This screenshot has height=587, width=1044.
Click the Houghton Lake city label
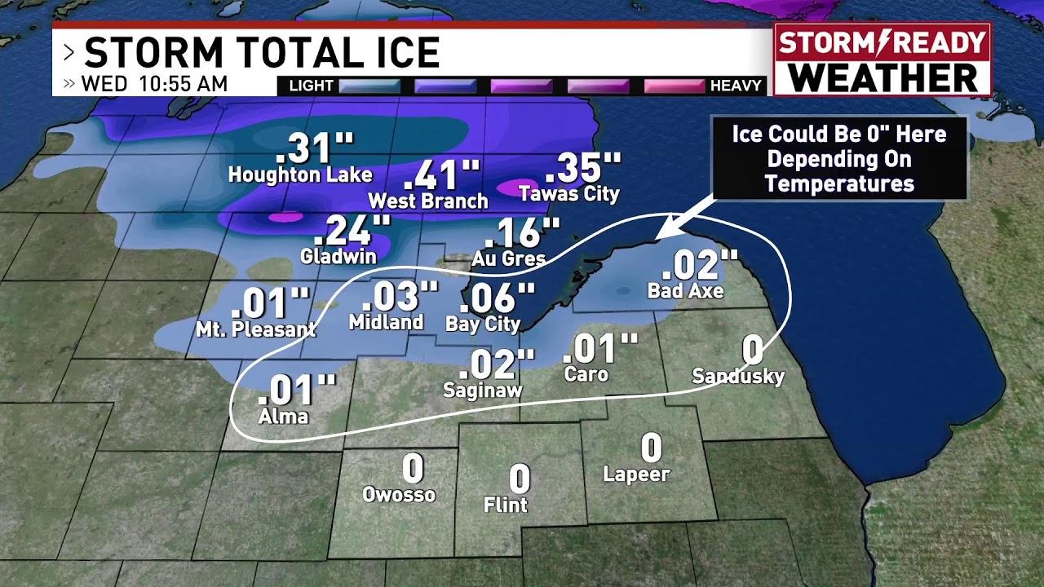[299, 174]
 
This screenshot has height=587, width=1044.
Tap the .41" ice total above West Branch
[441, 174]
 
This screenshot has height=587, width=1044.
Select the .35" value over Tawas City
[582, 168]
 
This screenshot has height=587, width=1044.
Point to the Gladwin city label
[338, 256]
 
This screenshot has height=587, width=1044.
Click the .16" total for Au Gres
[522, 233]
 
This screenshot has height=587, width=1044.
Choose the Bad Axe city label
[685, 290]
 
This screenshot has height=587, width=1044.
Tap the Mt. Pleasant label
[255, 329]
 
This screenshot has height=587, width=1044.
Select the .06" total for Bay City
[497, 298]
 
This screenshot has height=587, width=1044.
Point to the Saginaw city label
[482, 391]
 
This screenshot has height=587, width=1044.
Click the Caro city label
[586, 374]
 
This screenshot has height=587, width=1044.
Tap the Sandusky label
[738, 376]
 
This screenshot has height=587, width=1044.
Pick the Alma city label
[283, 417]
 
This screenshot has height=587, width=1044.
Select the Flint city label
[506, 505]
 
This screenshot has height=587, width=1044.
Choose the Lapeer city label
[636, 474]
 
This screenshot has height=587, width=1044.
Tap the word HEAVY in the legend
[736, 86]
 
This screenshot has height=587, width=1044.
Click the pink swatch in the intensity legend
[674, 86]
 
